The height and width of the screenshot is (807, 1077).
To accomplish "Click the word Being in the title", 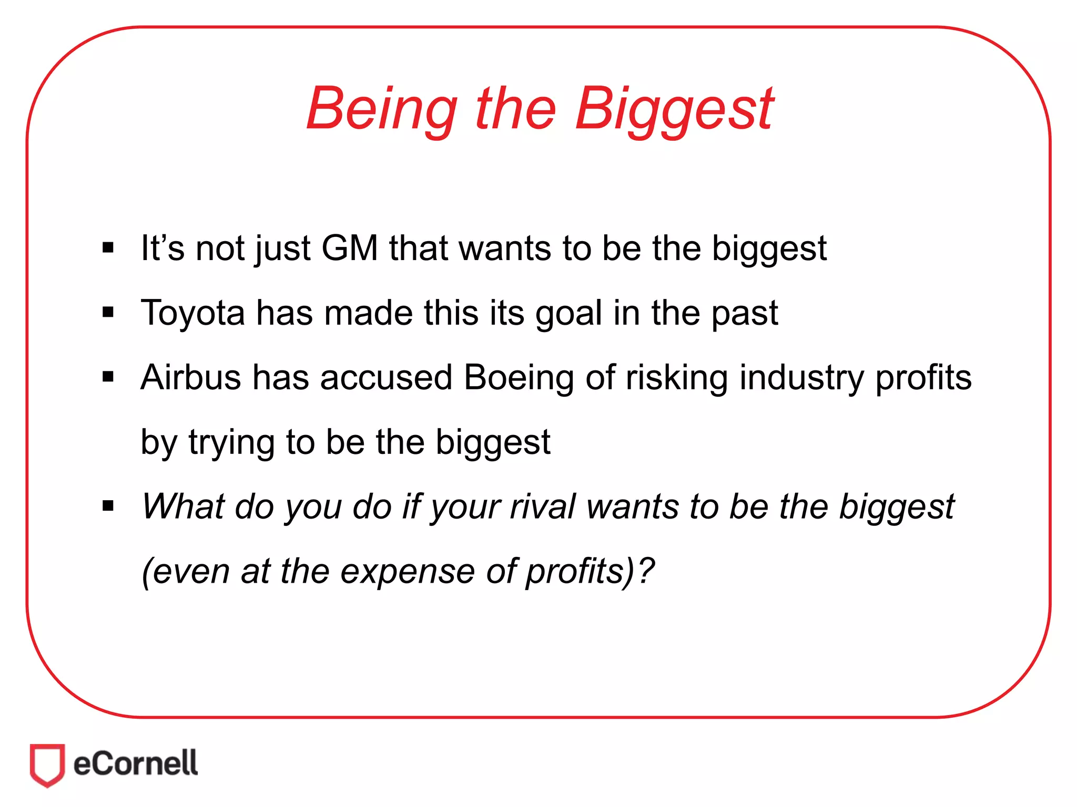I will [381, 108].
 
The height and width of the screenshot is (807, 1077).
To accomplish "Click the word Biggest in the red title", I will [674, 108].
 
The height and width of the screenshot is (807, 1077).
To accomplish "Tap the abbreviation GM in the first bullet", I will [350, 248].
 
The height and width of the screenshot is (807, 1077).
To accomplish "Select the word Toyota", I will [192, 313].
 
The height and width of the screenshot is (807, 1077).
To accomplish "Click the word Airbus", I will [190, 377].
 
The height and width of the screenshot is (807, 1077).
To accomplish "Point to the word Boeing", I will [519, 377].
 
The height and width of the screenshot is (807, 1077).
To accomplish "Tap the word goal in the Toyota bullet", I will [568, 313].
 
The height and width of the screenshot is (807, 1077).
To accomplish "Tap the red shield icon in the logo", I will [47, 764].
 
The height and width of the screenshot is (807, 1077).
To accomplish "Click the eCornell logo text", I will [136, 764].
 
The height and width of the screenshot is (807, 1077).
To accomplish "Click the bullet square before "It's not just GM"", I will [108, 247].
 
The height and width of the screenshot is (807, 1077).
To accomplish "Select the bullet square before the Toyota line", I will [108, 313].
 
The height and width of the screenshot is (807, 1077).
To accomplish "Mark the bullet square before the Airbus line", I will [108, 377].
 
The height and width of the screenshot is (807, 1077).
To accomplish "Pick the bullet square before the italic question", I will [108, 506].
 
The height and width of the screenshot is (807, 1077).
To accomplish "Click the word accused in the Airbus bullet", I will [386, 377].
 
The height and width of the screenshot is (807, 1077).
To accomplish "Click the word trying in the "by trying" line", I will [231, 442].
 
